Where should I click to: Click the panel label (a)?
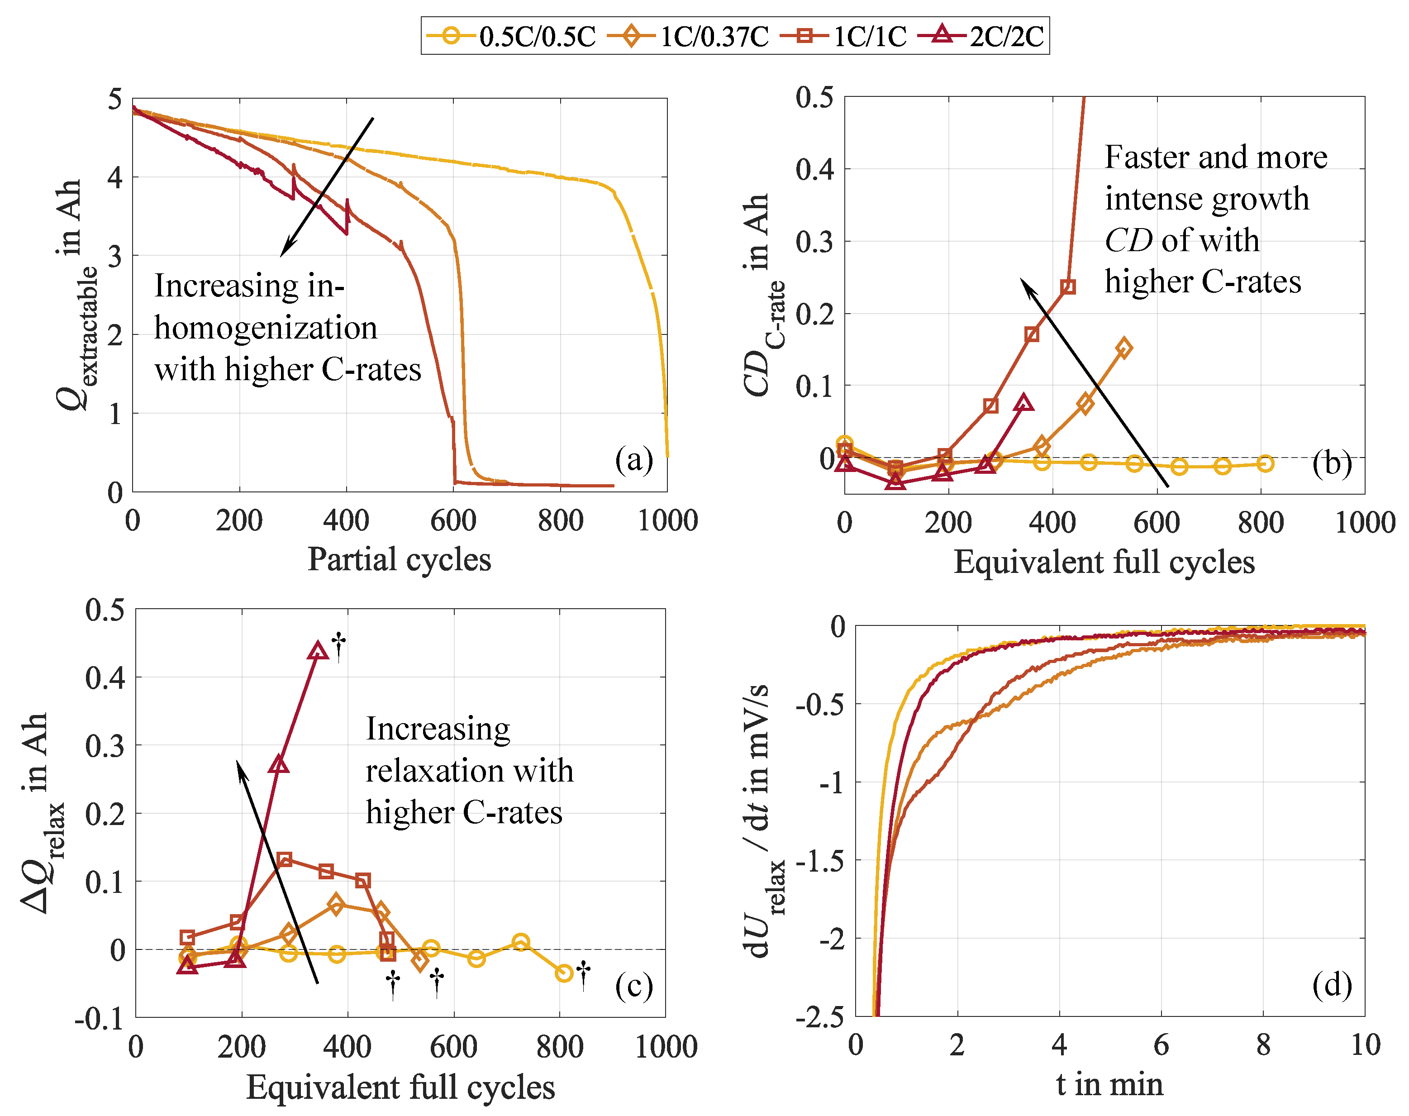pyautogui.click(x=633, y=459)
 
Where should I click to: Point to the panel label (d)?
pyautogui.click(x=1331, y=984)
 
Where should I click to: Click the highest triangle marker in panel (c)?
pyautogui.click(x=318, y=651)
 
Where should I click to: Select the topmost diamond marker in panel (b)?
pyautogui.click(x=1123, y=348)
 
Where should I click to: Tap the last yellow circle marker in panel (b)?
pyautogui.click(x=1265, y=463)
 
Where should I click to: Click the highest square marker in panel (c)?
pyautogui.click(x=284, y=859)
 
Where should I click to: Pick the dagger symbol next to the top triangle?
pyautogui.click(x=338, y=645)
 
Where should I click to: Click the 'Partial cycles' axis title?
pyautogui.click(x=399, y=560)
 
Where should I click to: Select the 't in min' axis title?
pyautogui.click(x=1109, y=1085)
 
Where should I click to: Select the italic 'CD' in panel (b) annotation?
pyautogui.click(x=1128, y=240)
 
